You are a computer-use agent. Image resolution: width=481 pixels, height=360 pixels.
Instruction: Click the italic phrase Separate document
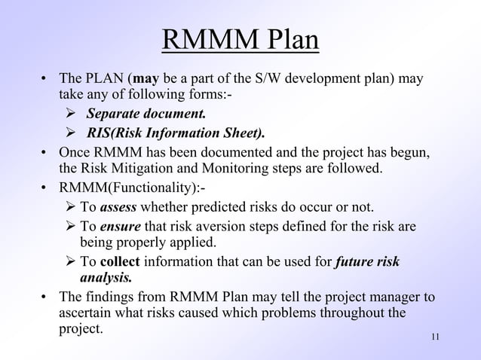(145, 114)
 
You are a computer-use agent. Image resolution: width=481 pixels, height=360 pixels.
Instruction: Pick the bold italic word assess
(118, 207)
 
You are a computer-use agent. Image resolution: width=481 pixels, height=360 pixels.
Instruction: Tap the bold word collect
(120, 262)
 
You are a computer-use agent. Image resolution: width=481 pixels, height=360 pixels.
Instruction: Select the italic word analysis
(106, 277)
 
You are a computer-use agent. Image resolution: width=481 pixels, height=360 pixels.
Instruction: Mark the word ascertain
(85, 313)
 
